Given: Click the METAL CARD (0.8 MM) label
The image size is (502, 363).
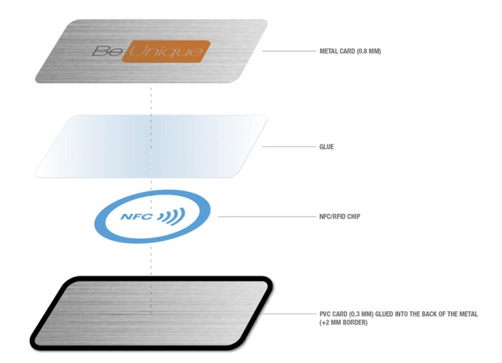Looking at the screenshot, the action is click(350, 51).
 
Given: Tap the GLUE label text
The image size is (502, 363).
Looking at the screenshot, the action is click(326, 147).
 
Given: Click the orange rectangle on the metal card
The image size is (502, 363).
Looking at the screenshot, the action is click(166, 52).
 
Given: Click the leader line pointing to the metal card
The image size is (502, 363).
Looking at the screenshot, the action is click(288, 51).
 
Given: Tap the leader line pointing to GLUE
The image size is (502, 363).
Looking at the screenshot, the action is click(288, 147).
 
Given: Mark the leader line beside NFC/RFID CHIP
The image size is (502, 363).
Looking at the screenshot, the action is click(265, 216).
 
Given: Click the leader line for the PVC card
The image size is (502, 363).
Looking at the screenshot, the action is click(291, 314).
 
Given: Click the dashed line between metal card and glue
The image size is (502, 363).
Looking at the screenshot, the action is click(152, 98).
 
